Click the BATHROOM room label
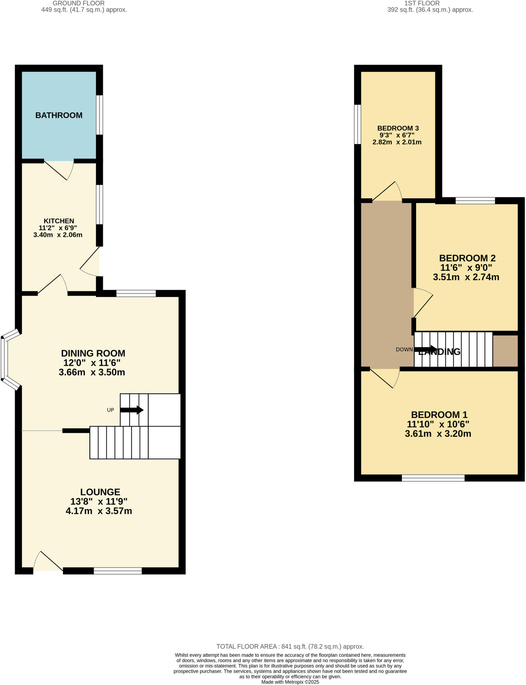[x=59, y=115]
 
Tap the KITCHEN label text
[x=59, y=221]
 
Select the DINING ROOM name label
[x=93, y=353]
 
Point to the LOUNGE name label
[x=100, y=492]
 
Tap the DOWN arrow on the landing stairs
[x=426, y=350]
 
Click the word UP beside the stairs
[x=110, y=410]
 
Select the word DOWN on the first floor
[x=404, y=350]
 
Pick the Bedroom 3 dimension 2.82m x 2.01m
[x=397, y=142]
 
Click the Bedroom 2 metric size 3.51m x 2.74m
[x=466, y=277]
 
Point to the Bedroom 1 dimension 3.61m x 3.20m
[x=438, y=434]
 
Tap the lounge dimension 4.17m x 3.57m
[x=99, y=511]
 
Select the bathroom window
[x=100, y=115]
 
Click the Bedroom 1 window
[x=433, y=478]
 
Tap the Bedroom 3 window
[x=358, y=124]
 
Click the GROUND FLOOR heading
[x=79, y=3]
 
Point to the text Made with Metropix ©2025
[x=290, y=682]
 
